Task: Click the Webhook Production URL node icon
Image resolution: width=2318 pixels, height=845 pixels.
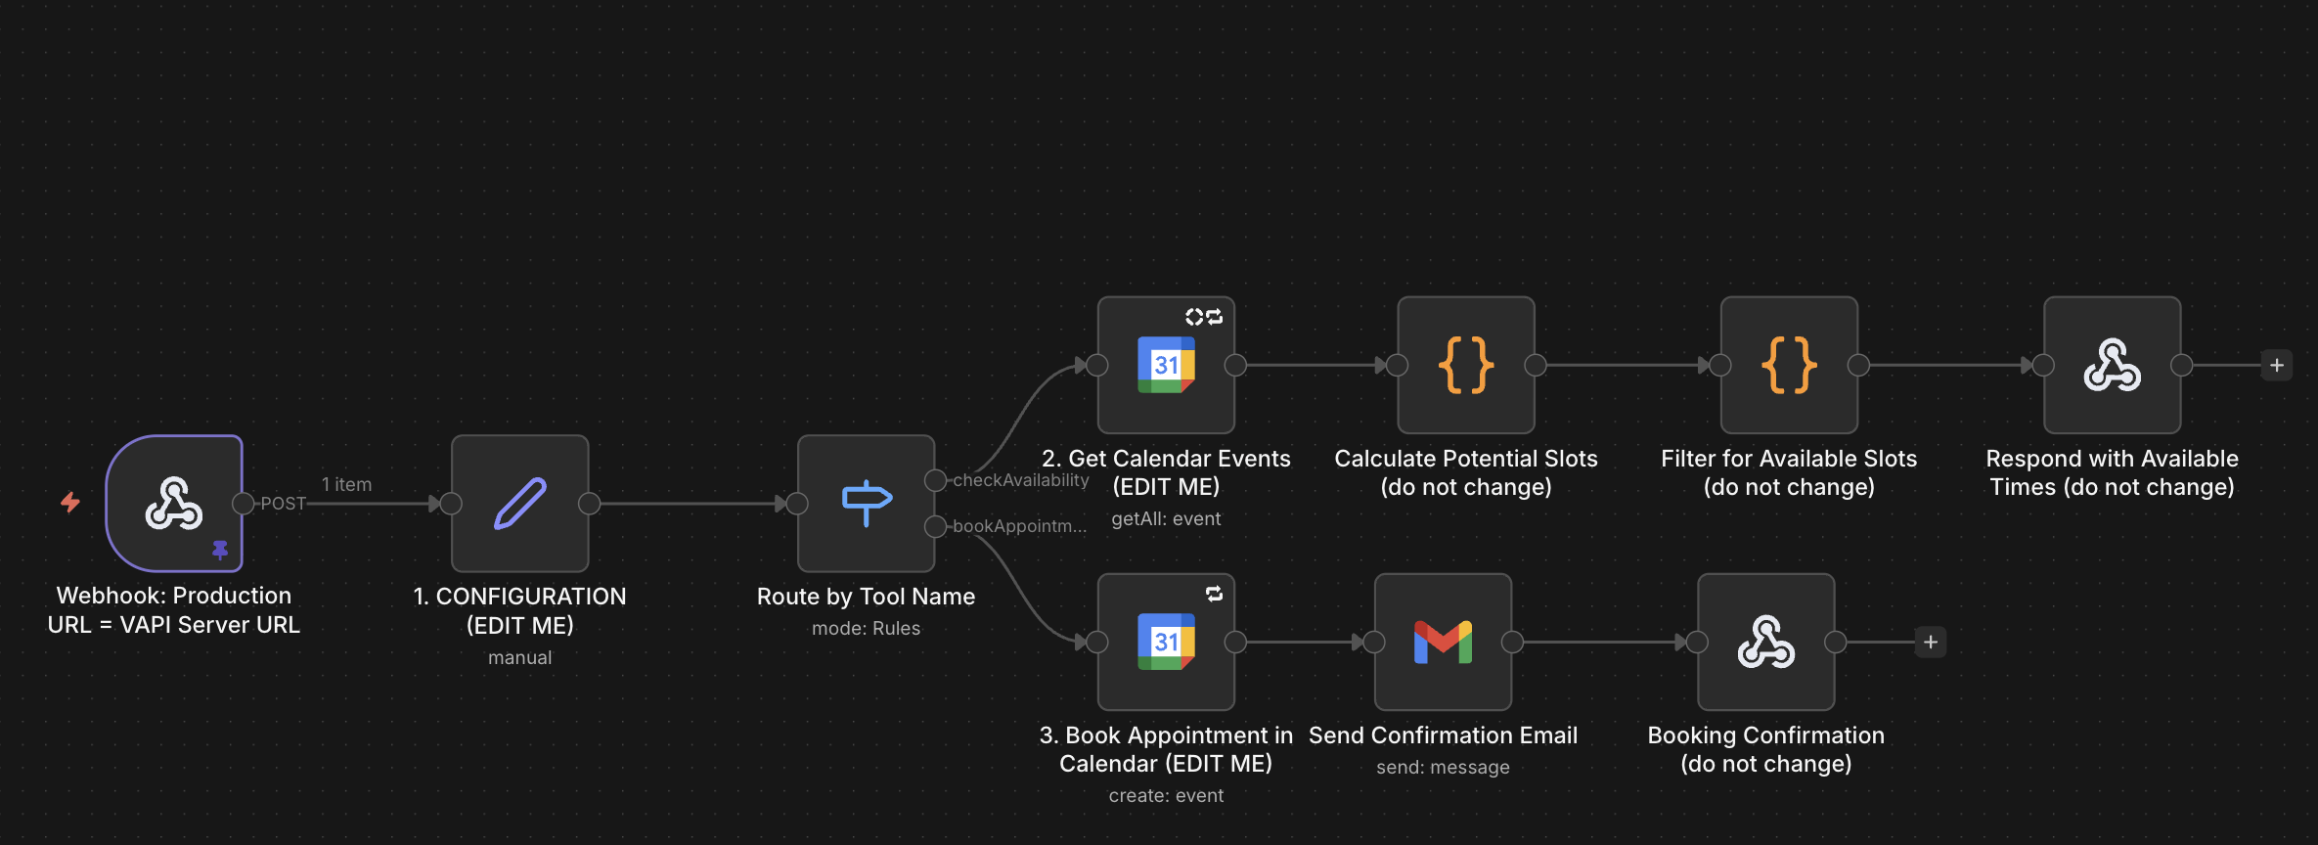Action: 174,503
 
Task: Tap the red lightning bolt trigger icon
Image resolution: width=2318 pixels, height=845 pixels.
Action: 70,503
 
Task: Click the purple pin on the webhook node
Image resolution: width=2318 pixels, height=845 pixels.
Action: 220,550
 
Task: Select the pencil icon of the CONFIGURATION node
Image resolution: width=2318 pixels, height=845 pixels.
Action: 519,503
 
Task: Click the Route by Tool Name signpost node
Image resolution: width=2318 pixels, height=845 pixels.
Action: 866,503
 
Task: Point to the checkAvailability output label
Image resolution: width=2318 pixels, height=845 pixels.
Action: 1020,480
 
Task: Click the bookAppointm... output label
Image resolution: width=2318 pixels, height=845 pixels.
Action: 1019,526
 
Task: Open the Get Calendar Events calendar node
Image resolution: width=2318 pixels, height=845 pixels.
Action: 1166,365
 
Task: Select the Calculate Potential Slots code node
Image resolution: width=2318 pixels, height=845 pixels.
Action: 1465,365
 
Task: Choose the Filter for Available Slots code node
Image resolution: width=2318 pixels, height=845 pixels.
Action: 1789,365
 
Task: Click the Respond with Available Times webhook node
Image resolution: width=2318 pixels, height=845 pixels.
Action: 2112,365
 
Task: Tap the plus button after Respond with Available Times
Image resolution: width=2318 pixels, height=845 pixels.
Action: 2277,365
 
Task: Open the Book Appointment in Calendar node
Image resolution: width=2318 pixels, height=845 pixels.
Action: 1166,642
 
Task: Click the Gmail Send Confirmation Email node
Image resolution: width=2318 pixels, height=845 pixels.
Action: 1443,642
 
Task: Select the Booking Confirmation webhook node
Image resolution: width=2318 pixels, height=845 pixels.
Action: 1765,642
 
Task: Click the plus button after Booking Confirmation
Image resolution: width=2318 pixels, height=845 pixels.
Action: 1931,642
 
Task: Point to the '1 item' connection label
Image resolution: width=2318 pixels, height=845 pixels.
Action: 346,484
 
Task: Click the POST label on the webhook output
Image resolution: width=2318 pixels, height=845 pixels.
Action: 283,504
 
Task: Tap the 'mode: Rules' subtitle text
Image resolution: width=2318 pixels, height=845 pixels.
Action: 866,628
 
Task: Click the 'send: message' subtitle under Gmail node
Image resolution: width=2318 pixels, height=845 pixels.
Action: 1443,768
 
